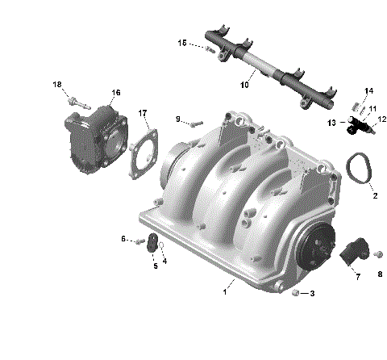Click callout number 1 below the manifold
click(x=225, y=292)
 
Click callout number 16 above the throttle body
click(x=117, y=93)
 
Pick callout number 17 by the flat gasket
click(x=143, y=112)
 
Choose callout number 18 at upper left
click(x=57, y=85)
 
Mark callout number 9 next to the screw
click(x=178, y=119)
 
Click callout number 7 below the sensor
click(x=358, y=277)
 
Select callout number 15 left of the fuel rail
click(x=182, y=42)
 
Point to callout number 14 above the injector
click(x=368, y=90)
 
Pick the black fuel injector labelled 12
click(x=358, y=127)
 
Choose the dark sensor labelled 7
click(x=352, y=251)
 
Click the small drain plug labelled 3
click(x=297, y=291)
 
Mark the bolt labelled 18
click(x=74, y=103)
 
